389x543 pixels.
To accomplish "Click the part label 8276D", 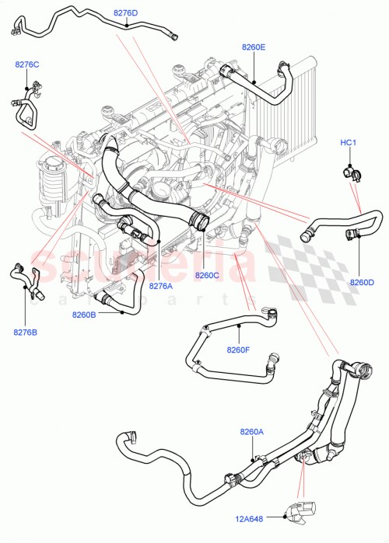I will click(125, 13).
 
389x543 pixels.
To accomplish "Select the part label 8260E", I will click(254, 47).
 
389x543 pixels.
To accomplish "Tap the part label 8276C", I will click(26, 64).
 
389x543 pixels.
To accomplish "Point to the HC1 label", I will click(349, 143).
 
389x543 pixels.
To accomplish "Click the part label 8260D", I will click(362, 281).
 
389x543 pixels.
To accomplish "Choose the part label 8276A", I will click(161, 286).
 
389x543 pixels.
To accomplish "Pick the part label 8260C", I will click(208, 275).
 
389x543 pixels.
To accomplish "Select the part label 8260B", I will click(83, 315).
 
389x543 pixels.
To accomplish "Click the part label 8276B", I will click(25, 333).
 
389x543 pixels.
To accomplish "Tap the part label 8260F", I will click(239, 350).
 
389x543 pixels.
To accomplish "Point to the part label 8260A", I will click(252, 431).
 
